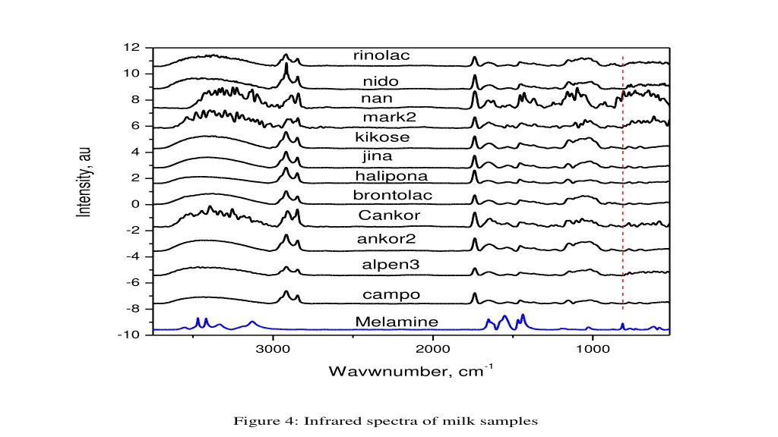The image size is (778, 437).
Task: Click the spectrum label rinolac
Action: pos(381,56)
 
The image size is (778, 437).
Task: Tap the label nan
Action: pos(378,99)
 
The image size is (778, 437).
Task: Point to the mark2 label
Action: pos(390,118)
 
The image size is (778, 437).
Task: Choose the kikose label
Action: pos(382,138)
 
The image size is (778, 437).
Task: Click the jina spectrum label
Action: pos(378,157)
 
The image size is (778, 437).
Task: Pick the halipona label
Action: pos(391,177)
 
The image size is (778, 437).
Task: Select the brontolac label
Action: pos(393,196)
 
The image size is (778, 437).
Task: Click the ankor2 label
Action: pos(387,240)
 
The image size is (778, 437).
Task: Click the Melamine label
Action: pos(397,322)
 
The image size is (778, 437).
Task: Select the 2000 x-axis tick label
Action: pos(433,349)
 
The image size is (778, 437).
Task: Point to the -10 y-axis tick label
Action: pos(129,335)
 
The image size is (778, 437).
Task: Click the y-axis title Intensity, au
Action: pos(85,182)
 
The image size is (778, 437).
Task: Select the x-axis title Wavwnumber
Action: pos(411,372)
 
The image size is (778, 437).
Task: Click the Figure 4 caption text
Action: pos(385,420)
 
